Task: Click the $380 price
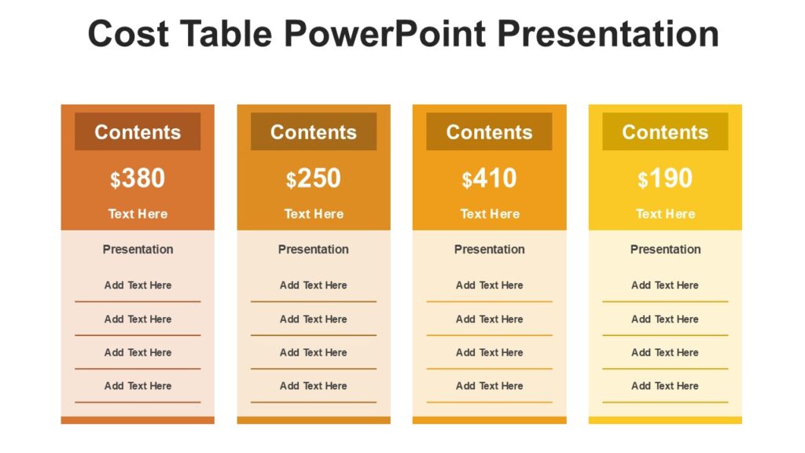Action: point(138,179)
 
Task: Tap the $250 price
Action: point(314,179)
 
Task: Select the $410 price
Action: point(490,179)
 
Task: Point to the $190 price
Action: point(666,179)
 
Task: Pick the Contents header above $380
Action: point(138,132)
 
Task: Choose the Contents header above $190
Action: point(665,132)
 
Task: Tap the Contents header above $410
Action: point(489,132)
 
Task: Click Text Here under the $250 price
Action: point(314,214)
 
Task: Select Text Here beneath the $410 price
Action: point(490,214)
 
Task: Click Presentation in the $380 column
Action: point(138,249)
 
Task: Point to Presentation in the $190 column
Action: point(665,249)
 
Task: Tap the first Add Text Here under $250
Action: point(314,285)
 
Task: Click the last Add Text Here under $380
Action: point(138,386)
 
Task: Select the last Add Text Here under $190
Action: point(665,386)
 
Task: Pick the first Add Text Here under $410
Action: point(490,285)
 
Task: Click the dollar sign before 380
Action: point(116,181)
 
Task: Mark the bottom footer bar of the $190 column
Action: point(665,420)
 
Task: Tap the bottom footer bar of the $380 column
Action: point(138,420)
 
